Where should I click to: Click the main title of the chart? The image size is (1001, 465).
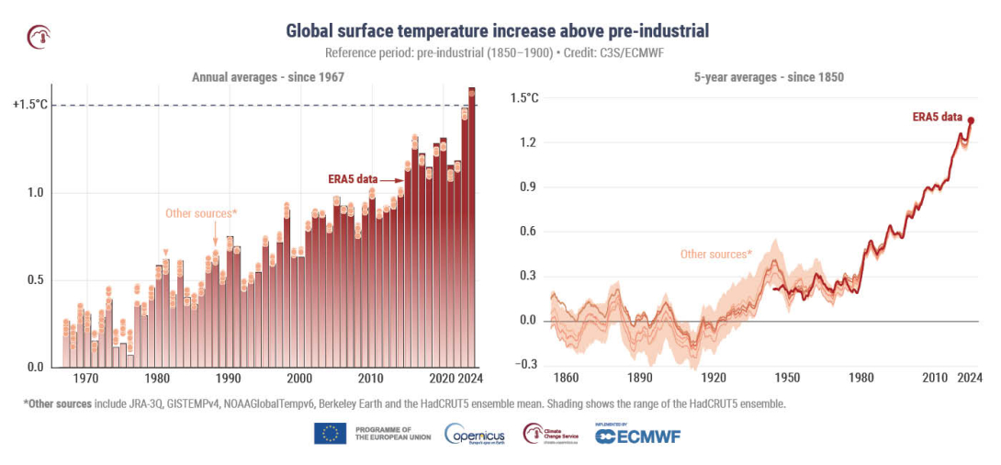(497, 31)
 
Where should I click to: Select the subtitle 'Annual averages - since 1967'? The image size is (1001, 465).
(267, 77)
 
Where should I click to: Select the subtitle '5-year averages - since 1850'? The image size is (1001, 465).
(769, 77)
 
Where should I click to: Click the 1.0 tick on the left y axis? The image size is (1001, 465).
(34, 193)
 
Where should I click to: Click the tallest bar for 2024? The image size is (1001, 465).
(472, 230)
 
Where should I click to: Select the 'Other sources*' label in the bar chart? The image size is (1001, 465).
(201, 213)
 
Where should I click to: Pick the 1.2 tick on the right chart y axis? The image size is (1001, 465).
(523, 142)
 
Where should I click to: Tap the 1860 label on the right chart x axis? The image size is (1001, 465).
(566, 379)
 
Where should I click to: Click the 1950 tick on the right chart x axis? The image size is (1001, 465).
(787, 379)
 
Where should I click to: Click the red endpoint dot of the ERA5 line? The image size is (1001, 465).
(971, 120)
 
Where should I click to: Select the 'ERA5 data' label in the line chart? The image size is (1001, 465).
(937, 118)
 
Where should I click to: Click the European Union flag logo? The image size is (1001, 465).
(330, 434)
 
